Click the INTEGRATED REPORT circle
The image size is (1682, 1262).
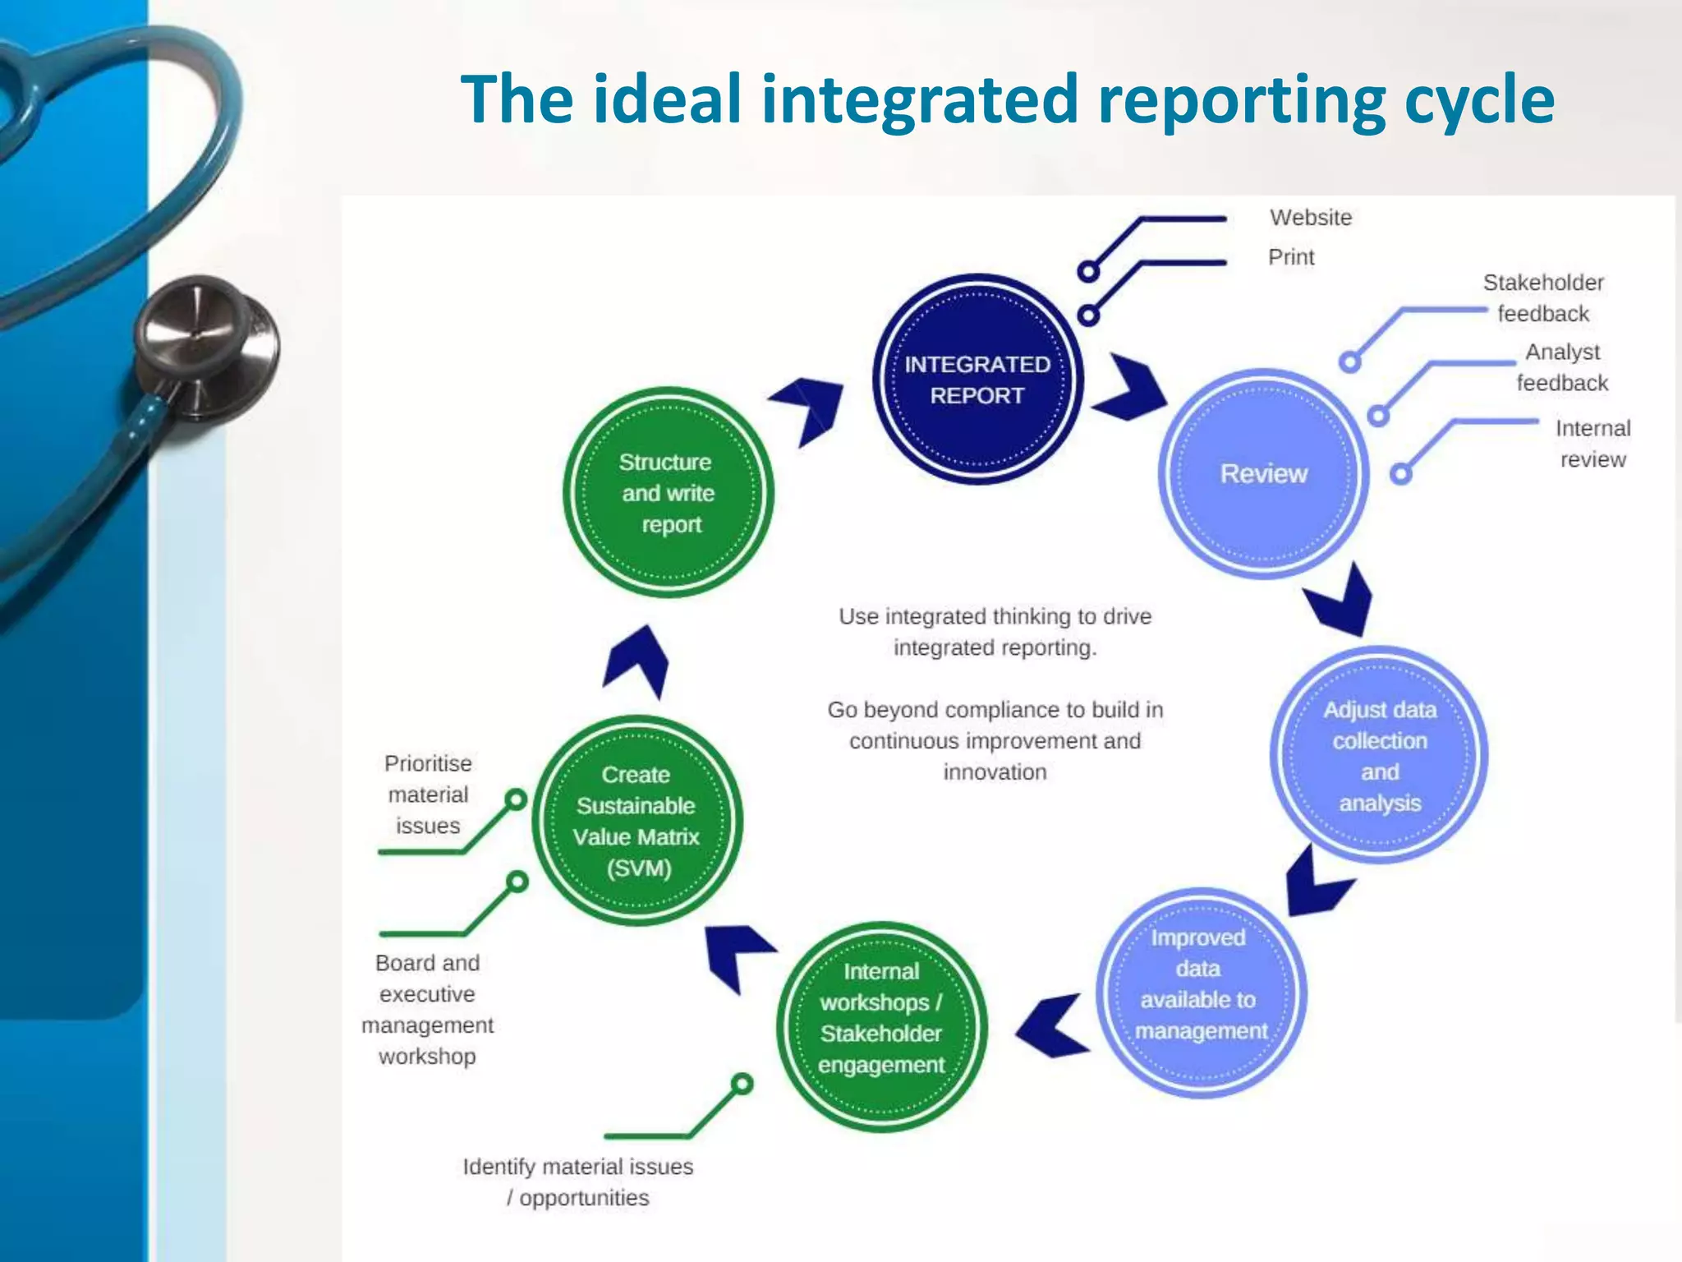pyautogui.click(x=977, y=380)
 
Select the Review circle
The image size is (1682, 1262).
pyautogui.click(x=1263, y=474)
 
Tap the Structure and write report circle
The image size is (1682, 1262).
pyautogui.click(x=667, y=493)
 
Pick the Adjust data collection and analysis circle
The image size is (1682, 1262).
pyautogui.click(x=1380, y=755)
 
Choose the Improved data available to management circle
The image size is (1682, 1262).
pyautogui.click(x=1201, y=993)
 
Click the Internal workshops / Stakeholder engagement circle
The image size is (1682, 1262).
pyautogui.click(x=881, y=1027)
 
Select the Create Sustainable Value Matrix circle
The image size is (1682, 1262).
pyautogui.click(x=637, y=821)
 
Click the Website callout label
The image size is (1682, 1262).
pyautogui.click(x=1311, y=218)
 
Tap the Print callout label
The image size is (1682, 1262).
pyautogui.click(x=1291, y=257)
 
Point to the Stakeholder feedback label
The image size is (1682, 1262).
pyautogui.click(x=1543, y=298)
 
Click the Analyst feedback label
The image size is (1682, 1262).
pyautogui.click(x=1562, y=367)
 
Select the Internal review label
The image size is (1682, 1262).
pyautogui.click(x=1592, y=444)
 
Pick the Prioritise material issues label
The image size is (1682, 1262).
pyautogui.click(x=428, y=795)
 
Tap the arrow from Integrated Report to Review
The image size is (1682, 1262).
pyautogui.click(x=1132, y=388)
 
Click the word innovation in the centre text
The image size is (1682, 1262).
pyautogui.click(x=995, y=772)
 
